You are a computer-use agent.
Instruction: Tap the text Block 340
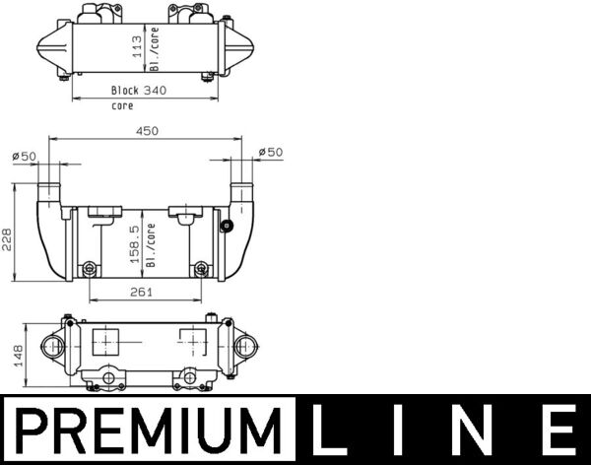click(x=138, y=91)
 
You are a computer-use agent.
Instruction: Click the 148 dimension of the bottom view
click(x=8, y=355)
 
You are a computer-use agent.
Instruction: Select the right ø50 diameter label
click(x=269, y=152)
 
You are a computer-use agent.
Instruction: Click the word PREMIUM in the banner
click(x=146, y=431)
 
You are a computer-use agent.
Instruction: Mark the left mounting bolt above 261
click(x=91, y=267)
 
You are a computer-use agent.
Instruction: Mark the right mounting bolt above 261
click(x=201, y=267)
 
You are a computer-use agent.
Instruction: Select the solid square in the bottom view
click(x=105, y=342)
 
